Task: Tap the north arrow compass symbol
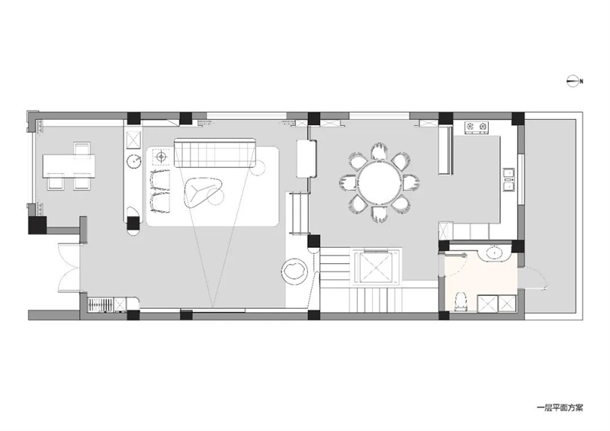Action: pos(573,82)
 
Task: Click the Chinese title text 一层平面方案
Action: pos(560,408)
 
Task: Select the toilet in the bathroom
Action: pos(461,301)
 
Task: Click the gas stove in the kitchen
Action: pos(476,127)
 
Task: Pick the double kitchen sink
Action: pos(509,180)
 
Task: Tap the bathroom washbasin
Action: pos(495,253)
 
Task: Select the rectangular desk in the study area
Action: pos(69,165)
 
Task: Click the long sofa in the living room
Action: pos(215,153)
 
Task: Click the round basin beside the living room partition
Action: pos(133,160)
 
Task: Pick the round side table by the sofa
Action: pos(259,168)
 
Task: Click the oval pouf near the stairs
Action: pos(296,270)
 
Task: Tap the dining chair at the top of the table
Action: pos(379,152)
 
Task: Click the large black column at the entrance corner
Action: pos(37,224)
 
